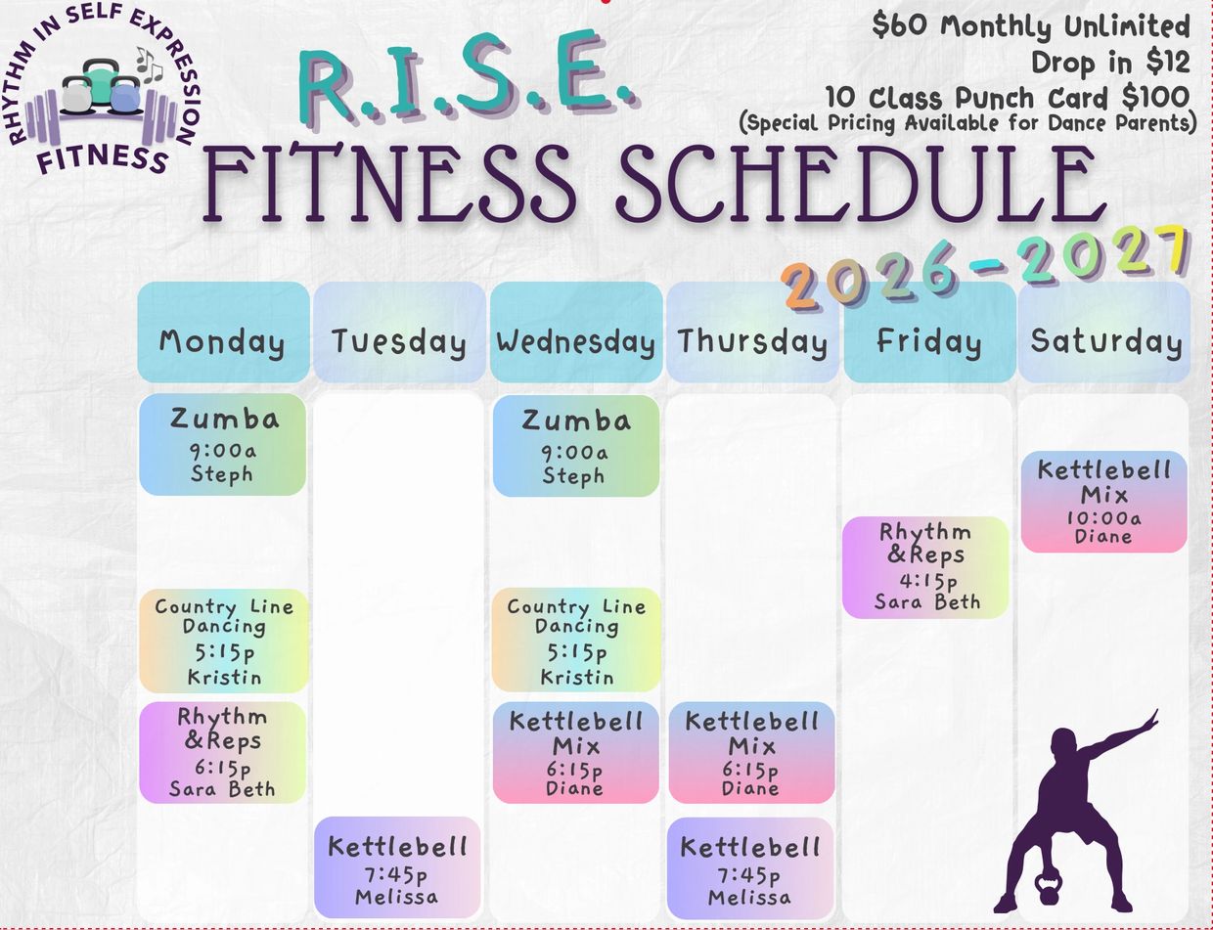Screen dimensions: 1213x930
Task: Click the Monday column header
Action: [x=223, y=332]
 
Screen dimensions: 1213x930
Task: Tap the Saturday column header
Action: [x=1104, y=332]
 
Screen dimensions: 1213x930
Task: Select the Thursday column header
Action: [x=752, y=332]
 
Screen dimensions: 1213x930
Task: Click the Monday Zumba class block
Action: [x=223, y=445]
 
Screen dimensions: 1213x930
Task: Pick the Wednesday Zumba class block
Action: [x=576, y=446]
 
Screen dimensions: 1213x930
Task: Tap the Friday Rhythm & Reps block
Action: [x=925, y=567]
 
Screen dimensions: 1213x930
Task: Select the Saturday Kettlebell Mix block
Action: [x=1104, y=502]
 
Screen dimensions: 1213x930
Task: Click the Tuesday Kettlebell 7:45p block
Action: [x=397, y=867]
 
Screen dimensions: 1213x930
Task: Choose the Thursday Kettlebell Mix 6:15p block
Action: [x=751, y=753]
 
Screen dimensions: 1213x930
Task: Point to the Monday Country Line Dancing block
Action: [x=224, y=641]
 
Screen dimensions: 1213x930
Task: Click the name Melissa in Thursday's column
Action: [x=749, y=898]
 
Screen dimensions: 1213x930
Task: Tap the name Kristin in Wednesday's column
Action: [x=577, y=678]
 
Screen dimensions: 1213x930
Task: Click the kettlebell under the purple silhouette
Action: [x=1049, y=887]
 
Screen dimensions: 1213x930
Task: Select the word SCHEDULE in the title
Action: [x=860, y=184]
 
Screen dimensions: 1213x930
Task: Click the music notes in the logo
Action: [x=149, y=65]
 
